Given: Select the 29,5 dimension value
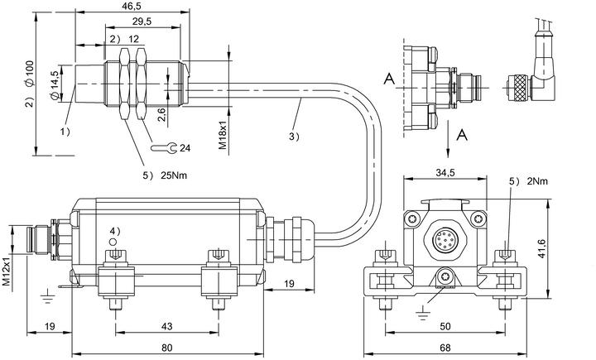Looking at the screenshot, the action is tap(142, 22).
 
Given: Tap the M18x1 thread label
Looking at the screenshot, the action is tap(223, 136).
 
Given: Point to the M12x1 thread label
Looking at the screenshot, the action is tap(7, 271).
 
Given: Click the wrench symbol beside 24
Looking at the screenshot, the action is tap(164, 147).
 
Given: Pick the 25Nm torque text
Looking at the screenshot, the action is tap(174, 175).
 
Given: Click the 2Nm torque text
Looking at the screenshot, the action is tap(537, 181).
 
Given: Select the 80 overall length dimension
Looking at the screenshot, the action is tap(167, 348).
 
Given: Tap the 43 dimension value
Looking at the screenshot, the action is tap(167, 326).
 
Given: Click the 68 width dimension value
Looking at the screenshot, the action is tap(445, 348).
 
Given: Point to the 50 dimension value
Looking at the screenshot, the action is tap(445, 326).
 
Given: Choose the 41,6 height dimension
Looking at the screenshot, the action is tap(542, 248).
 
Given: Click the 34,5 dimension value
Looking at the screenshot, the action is tap(445, 173).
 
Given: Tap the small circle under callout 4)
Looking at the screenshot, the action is tap(113, 242).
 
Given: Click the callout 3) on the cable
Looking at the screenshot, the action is tap(294, 137).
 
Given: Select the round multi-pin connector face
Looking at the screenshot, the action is tap(441, 241).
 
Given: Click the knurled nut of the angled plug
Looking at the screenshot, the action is tap(518, 89).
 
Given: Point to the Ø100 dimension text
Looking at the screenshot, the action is tap(30, 73).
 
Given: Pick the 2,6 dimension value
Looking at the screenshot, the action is tap(161, 114).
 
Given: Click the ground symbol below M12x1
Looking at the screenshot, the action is tap(47, 296).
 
